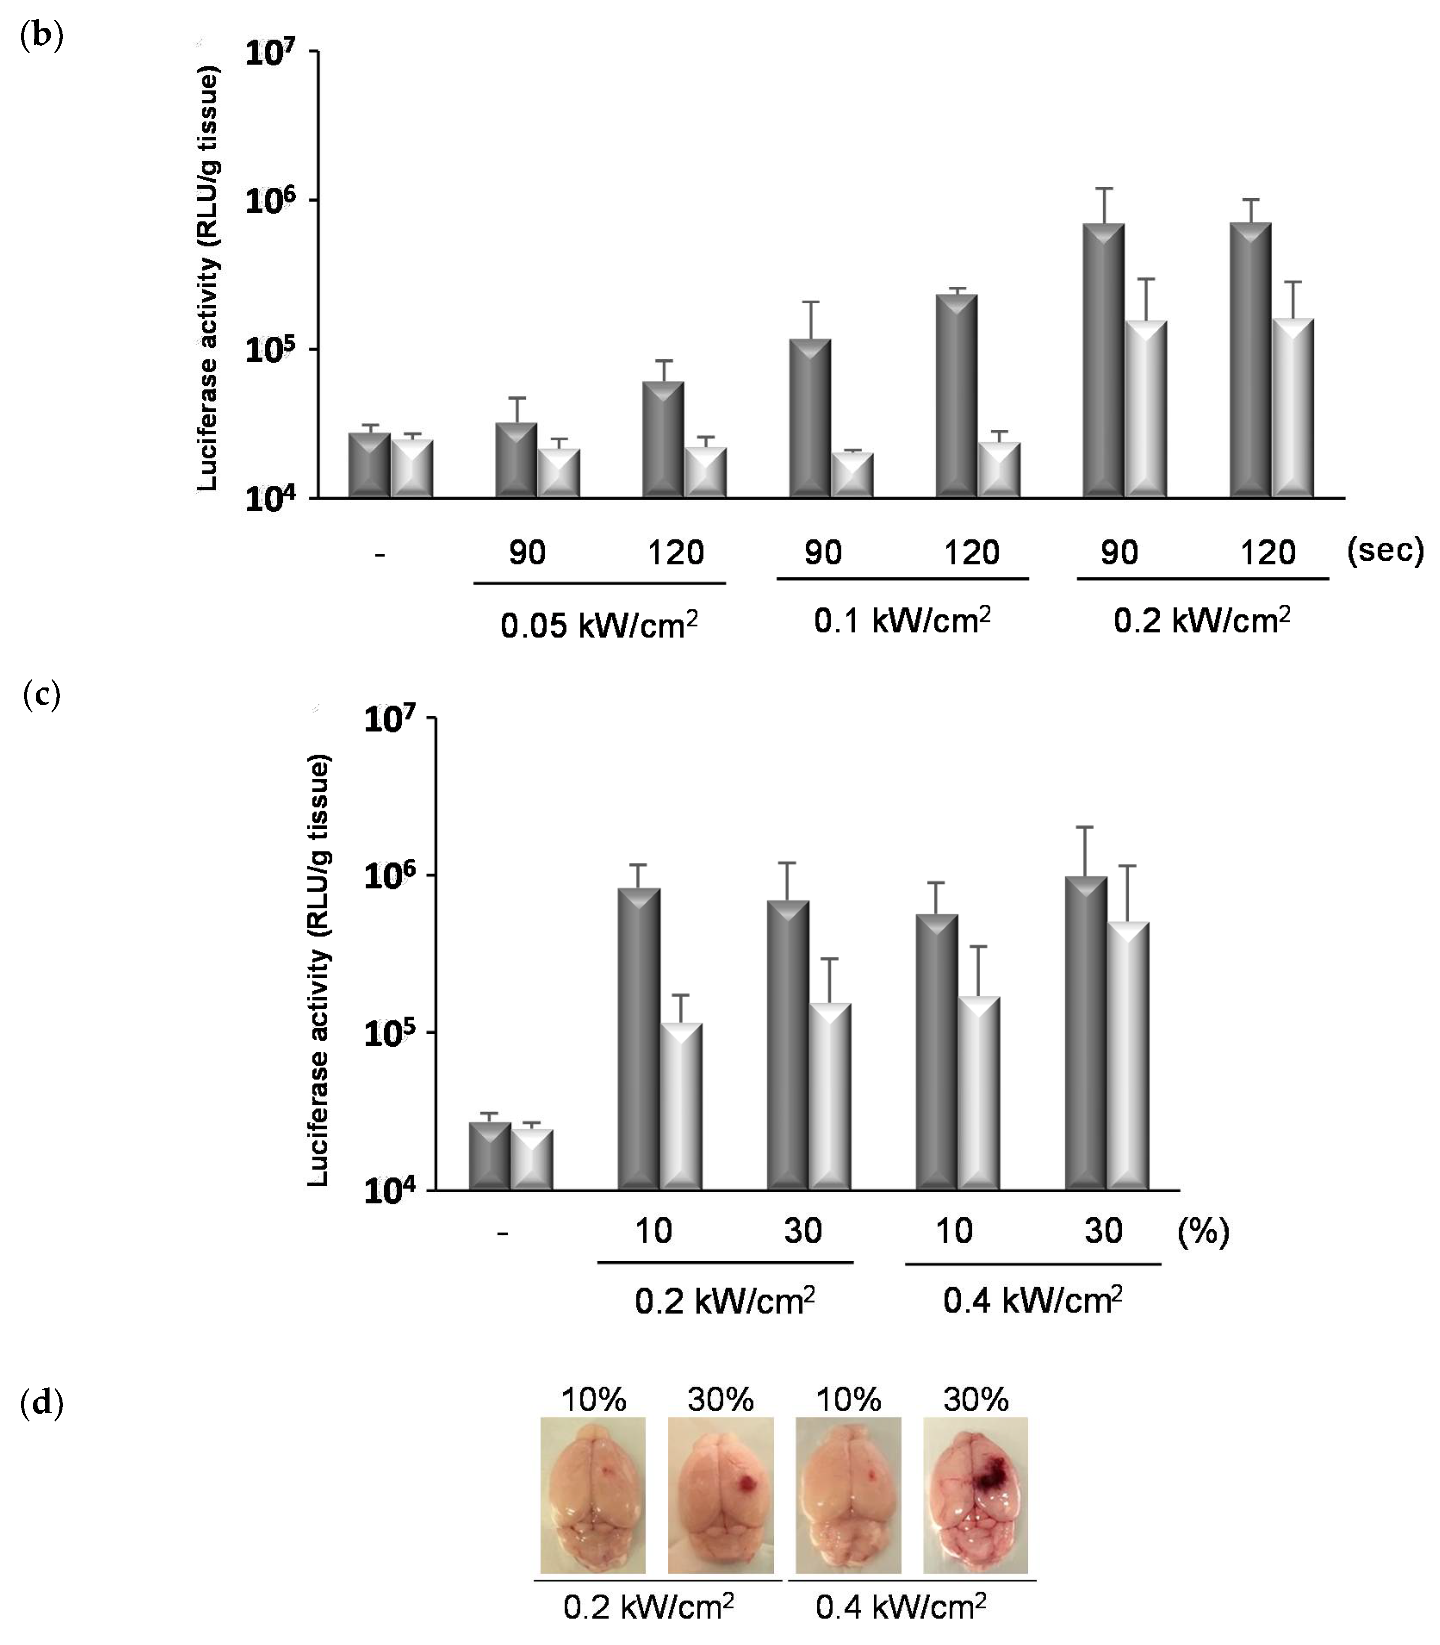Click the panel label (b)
point(41,36)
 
